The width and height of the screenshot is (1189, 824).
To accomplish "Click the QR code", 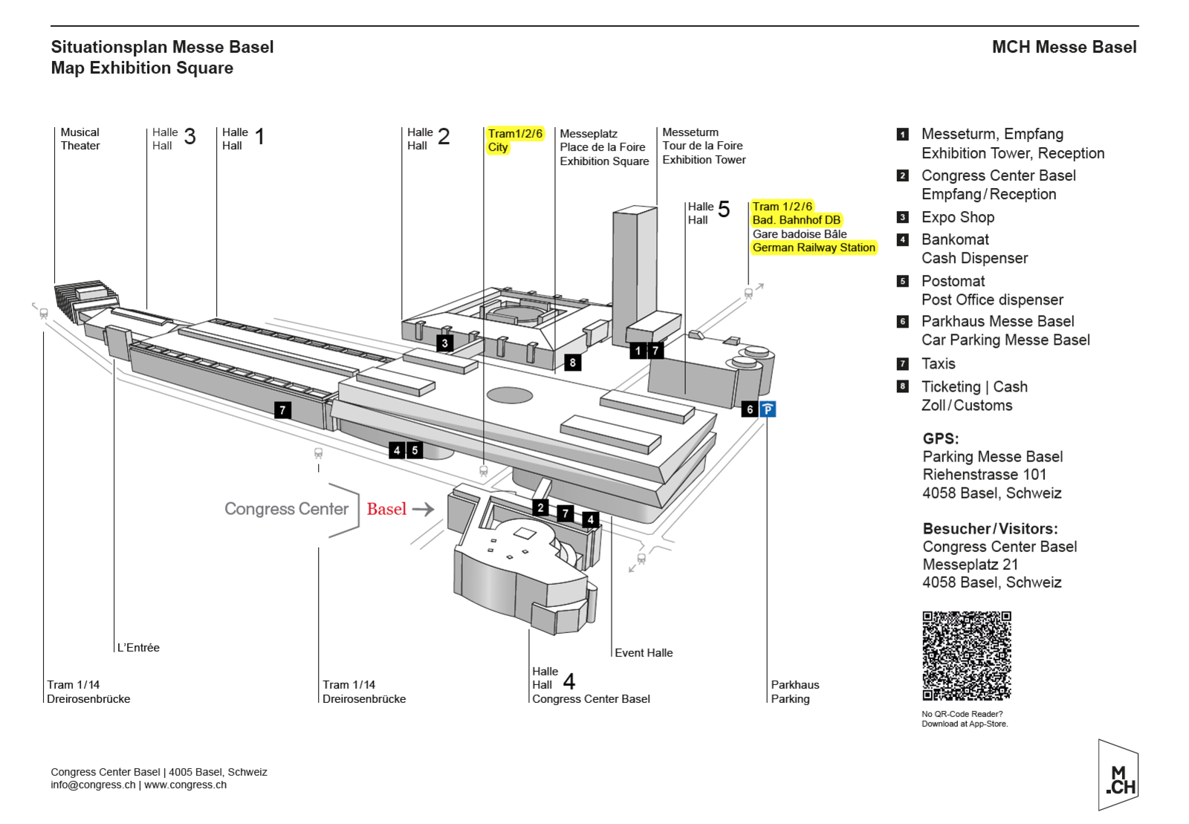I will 966,655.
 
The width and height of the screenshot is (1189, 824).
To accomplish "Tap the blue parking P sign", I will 768,409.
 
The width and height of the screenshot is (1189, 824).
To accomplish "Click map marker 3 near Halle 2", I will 444,343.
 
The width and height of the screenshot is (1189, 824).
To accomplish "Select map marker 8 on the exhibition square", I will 572,363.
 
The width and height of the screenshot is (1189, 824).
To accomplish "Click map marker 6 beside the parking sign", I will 750,409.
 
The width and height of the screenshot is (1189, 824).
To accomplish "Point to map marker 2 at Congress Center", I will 541,508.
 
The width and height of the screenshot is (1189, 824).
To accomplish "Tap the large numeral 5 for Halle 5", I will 724,210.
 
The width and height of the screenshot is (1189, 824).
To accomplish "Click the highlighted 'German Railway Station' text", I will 814,247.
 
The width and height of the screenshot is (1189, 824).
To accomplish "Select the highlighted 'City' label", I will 498,147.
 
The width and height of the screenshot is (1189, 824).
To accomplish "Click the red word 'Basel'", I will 386,509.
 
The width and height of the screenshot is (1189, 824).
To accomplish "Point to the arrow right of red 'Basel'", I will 423,509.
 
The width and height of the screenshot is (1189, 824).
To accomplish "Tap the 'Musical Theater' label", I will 80,139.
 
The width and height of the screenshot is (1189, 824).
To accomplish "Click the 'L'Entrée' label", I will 138,647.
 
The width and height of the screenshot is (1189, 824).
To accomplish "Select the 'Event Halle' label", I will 644,652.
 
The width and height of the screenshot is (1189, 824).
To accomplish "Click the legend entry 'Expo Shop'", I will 958,217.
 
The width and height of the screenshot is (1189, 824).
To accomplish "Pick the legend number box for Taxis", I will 903,364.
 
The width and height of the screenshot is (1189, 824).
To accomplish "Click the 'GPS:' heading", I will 941,438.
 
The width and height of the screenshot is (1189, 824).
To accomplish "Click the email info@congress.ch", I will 93,785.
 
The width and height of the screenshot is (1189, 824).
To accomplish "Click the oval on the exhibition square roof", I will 509,395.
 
